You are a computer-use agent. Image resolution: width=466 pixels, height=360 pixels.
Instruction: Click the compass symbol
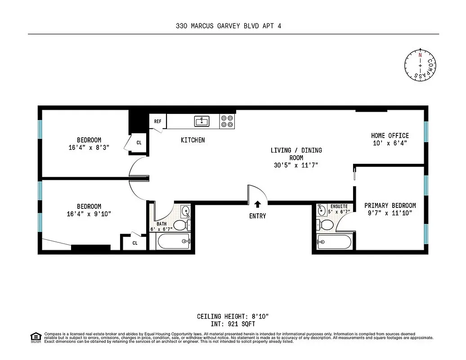click(420, 66)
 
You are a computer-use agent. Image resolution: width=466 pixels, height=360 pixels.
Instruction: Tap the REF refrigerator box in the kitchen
click(158, 121)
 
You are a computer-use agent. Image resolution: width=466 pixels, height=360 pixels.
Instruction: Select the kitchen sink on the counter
click(202, 121)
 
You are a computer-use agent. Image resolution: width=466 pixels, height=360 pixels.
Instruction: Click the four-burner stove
click(227, 121)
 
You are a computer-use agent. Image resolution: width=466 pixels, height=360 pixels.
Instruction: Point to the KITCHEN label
click(193, 140)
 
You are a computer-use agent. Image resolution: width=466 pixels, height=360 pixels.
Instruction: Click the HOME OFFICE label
click(390, 135)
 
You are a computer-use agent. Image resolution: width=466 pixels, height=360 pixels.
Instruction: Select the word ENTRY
click(257, 216)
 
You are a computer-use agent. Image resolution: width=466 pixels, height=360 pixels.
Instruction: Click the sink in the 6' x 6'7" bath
click(185, 211)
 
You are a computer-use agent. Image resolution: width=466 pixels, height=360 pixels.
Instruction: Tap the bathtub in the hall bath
click(175, 242)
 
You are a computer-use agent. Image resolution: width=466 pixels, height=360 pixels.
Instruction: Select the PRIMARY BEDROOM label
click(390, 205)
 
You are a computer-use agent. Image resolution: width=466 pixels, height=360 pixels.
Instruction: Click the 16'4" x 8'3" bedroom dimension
click(89, 147)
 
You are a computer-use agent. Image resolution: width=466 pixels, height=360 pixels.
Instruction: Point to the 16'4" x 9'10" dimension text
click(89, 214)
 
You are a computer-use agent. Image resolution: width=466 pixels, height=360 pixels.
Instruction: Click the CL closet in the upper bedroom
click(139, 143)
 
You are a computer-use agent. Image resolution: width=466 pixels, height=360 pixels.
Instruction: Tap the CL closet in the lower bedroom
click(134, 243)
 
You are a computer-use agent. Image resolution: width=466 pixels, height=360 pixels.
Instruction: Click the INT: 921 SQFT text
click(233, 324)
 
